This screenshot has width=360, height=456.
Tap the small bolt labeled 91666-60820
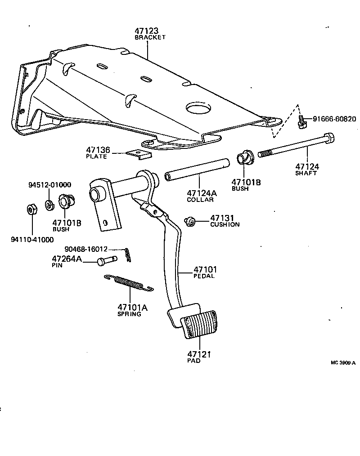tap(301, 121)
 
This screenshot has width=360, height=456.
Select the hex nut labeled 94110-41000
tap(31, 210)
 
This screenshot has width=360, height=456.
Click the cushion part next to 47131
tap(190, 221)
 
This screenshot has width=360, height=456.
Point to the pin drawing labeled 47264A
tap(107, 260)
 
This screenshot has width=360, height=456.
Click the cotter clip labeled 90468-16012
tap(129, 255)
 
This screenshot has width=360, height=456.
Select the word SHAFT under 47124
tap(306, 173)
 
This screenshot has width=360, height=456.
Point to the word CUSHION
tap(225, 224)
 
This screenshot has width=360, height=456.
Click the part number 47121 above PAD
tap(199, 354)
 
